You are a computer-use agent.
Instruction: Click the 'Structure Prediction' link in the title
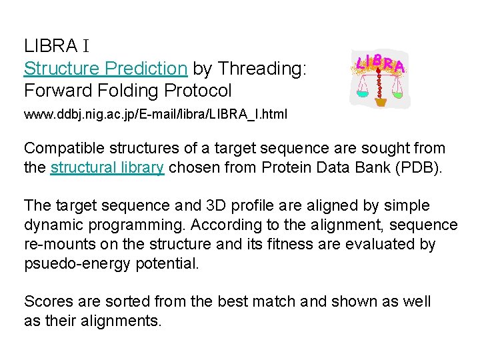105,68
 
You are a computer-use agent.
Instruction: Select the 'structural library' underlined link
107,167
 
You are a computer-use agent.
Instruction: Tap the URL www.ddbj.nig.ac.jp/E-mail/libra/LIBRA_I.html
155,114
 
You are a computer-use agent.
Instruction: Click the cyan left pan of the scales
362,94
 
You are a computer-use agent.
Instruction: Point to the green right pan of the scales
397,94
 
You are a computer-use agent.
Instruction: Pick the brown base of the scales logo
381,102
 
